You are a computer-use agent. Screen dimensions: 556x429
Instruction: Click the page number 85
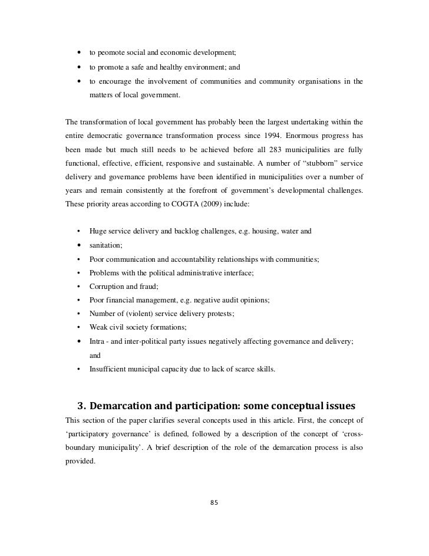point(214,502)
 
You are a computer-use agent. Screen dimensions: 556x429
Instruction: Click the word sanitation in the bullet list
point(105,245)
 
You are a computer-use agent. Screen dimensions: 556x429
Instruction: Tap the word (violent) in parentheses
point(145,314)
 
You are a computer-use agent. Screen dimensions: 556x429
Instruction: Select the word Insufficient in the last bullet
point(108,370)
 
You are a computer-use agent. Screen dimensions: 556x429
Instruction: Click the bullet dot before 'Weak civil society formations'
point(78,328)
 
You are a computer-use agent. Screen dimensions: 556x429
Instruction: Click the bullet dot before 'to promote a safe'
point(78,67)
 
